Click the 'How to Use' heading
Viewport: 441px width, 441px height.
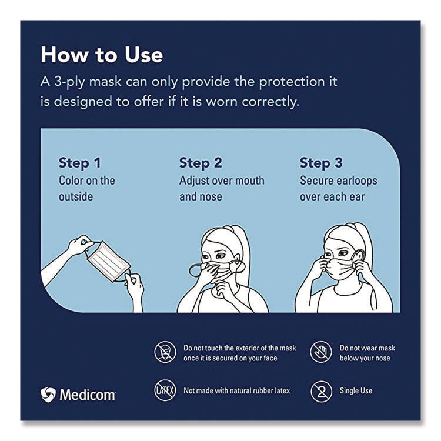point(102,55)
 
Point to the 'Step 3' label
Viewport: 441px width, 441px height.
point(321,163)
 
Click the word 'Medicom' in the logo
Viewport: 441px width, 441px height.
point(88,394)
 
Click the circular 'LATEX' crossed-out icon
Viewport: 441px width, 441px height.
point(165,390)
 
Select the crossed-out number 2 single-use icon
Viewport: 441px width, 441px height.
point(322,390)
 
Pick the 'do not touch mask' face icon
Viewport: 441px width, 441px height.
point(165,352)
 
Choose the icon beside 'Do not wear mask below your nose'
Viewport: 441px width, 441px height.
point(322,352)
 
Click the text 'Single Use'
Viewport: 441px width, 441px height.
point(356,390)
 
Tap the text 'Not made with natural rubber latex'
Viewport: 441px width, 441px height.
point(237,390)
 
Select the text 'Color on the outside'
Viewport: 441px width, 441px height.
point(87,189)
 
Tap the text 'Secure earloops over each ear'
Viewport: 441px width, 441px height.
point(338,189)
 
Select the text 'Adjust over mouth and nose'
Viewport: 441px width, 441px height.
point(222,189)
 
